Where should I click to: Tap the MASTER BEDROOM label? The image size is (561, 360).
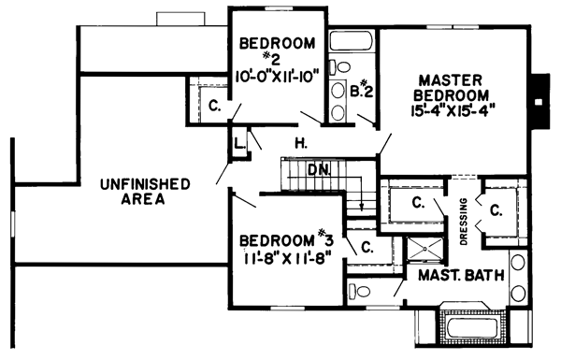point(456,87)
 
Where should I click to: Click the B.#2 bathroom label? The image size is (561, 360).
point(363,91)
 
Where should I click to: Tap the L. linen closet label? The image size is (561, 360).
point(240,142)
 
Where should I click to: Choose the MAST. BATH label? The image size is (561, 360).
point(460,277)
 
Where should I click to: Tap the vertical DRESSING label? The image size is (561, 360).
point(463,221)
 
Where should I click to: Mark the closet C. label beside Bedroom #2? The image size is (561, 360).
point(214,107)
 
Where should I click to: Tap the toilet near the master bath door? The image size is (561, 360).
point(359,292)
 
